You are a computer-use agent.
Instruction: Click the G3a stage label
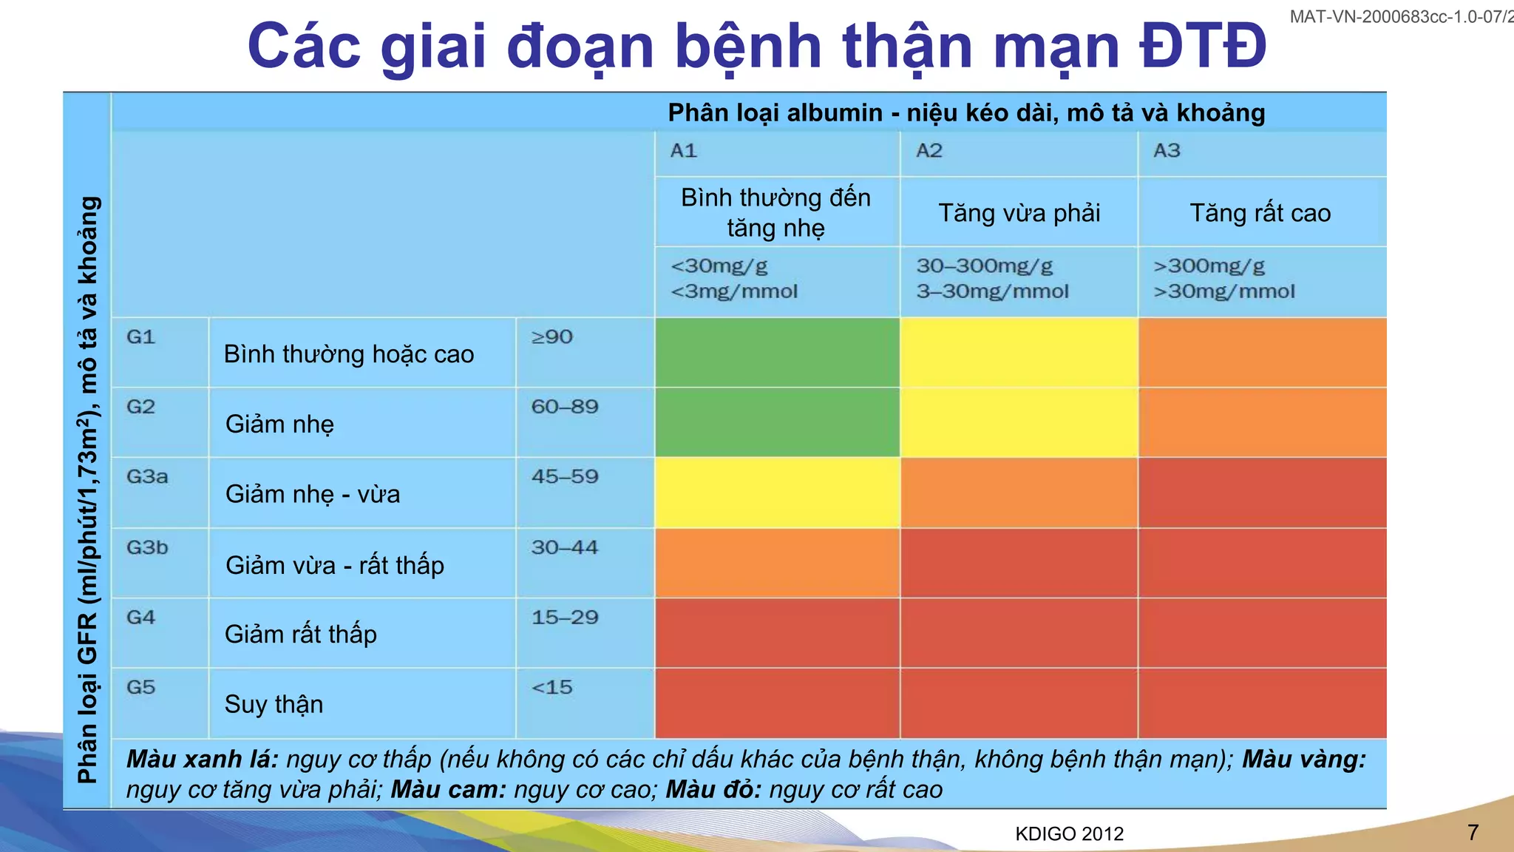pos(147,476)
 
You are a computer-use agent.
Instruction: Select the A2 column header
pos(929,151)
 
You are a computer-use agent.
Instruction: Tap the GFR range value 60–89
pos(565,407)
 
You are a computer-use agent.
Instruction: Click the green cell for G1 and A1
pos(777,353)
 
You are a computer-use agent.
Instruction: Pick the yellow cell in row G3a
pos(777,493)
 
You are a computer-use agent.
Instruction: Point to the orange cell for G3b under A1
pos(777,563)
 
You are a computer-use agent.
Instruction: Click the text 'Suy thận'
pos(274,704)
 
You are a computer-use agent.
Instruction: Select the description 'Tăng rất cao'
pos(1260,213)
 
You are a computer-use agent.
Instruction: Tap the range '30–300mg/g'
pos(985,266)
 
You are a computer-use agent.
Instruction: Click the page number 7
pos(1473,833)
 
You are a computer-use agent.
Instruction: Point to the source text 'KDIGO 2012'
pos(1069,834)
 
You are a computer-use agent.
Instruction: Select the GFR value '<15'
pos(551,688)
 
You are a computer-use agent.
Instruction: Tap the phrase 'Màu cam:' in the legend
pos(448,790)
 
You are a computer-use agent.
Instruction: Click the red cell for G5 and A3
pos(1262,703)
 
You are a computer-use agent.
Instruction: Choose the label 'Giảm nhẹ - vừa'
pos(313,494)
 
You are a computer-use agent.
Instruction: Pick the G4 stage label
pos(140,618)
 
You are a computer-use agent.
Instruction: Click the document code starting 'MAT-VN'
pos(1401,16)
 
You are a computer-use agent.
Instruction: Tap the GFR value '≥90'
pos(551,337)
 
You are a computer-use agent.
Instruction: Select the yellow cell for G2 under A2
pos(1019,422)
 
